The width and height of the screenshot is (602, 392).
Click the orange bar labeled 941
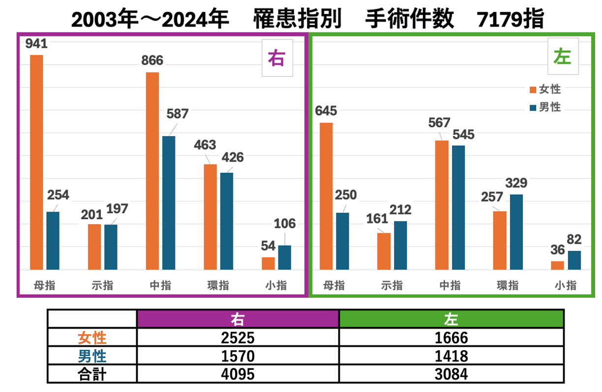36,162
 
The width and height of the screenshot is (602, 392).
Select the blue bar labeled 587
169,202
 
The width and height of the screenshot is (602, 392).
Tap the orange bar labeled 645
326,196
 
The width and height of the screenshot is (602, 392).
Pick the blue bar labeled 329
516,232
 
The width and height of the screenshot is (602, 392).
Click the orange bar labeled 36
557,265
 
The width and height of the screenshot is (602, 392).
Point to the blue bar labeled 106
284,257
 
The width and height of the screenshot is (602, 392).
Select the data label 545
462,134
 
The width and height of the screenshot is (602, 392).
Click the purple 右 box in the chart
277,58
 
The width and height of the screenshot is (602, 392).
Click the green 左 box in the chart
563,57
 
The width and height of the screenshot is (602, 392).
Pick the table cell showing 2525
238,337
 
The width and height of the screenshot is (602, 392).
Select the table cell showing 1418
451,356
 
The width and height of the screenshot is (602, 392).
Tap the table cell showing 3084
451,374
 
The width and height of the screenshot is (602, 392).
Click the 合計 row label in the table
92,374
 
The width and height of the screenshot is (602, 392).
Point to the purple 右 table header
238,319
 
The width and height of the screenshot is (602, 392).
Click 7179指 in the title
511,20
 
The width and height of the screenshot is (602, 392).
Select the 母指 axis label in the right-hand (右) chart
44,285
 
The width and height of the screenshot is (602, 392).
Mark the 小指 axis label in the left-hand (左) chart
565,285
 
